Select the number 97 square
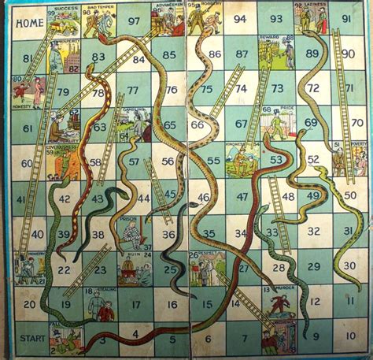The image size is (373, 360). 134,21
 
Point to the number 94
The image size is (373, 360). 239,19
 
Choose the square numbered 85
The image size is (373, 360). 168,54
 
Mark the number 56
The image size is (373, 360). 168,161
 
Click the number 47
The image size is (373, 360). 242,196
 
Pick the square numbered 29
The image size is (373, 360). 313,266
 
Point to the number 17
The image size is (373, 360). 135,302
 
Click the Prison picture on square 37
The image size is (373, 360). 134,232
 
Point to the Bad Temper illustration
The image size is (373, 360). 101,21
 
